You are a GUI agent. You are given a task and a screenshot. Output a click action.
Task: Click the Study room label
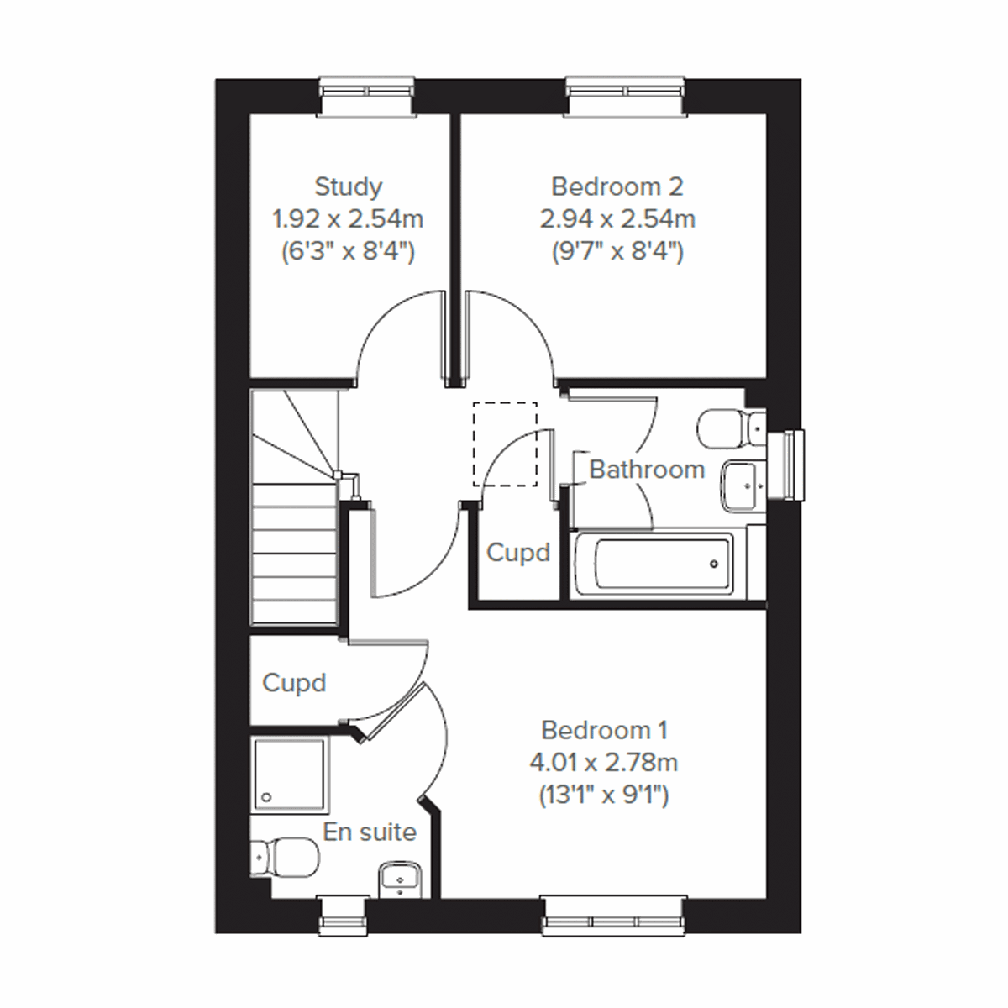coord(348,186)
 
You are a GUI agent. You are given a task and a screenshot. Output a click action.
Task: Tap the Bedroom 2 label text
coord(617,186)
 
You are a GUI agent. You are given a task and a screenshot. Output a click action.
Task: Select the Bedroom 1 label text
coord(604,730)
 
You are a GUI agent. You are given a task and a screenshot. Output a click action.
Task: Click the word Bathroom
coord(647,470)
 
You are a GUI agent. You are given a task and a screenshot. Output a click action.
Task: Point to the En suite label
coord(370,832)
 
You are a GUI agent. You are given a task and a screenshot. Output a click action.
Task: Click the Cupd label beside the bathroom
coord(518,553)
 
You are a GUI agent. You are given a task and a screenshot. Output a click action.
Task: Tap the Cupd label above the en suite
coord(294,683)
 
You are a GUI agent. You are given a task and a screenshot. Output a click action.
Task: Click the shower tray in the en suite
coord(287,774)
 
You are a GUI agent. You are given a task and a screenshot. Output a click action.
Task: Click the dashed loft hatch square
coord(505,444)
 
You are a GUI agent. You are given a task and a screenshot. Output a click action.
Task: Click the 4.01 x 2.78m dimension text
coord(604,763)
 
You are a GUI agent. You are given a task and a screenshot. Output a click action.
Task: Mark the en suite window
coord(344,916)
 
